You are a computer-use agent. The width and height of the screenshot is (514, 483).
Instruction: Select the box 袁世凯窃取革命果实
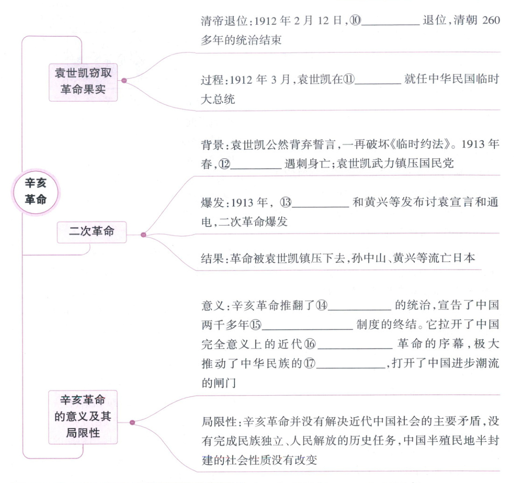click(83, 81)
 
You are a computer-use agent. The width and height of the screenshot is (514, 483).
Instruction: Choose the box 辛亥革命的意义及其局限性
click(83, 416)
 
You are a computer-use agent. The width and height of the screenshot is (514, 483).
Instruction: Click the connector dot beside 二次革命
click(143, 234)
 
